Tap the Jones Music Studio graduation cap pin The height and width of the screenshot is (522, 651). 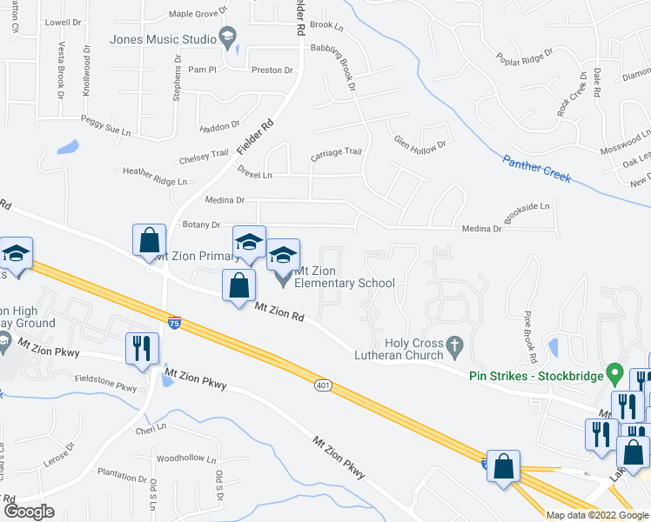(228, 37)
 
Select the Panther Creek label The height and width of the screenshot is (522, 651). (536, 169)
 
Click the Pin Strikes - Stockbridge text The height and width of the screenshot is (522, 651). (536, 377)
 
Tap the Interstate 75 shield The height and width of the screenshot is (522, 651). (175, 322)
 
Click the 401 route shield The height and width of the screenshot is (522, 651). (324, 384)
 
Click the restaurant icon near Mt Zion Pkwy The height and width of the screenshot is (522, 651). (140, 348)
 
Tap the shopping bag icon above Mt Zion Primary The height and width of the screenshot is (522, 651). (149, 239)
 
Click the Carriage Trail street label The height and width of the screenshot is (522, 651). (336, 152)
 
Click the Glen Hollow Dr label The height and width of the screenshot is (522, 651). (419, 142)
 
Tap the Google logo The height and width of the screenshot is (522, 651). (29, 512)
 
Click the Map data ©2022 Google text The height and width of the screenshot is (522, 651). (596, 515)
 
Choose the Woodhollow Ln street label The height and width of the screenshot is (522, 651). (186, 458)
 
